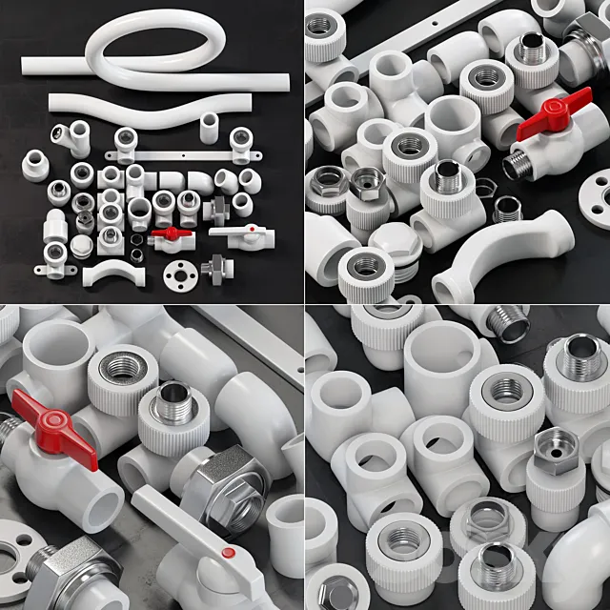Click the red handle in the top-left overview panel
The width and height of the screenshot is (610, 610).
click(x=167, y=233)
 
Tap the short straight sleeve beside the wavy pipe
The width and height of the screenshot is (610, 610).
click(x=210, y=127)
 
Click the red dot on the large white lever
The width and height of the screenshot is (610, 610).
click(x=228, y=553)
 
